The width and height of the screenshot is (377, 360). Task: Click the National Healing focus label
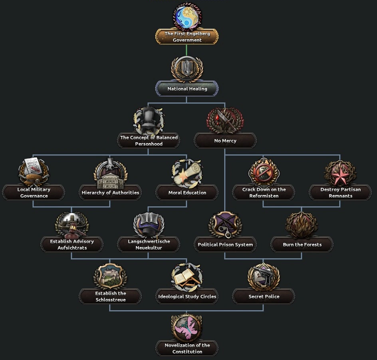click(x=187, y=89)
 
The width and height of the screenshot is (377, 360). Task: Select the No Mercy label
click(x=225, y=141)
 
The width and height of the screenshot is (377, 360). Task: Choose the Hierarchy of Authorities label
click(x=110, y=193)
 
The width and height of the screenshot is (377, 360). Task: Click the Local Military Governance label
click(x=34, y=193)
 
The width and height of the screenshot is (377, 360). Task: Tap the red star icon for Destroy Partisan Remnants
click(x=340, y=173)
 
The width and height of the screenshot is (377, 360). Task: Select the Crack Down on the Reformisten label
click(x=264, y=193)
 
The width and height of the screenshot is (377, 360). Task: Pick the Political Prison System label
click(x=225, y=245)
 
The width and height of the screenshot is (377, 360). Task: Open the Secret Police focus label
click(x=264, y=296)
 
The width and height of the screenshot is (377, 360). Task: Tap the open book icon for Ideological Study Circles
click(x=187, y=276)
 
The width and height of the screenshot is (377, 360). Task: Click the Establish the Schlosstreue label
click(x=110, y=296)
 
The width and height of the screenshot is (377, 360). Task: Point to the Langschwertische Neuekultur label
click(x=149, y=245)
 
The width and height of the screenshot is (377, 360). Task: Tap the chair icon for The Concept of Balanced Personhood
click(x=149, y=120)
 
